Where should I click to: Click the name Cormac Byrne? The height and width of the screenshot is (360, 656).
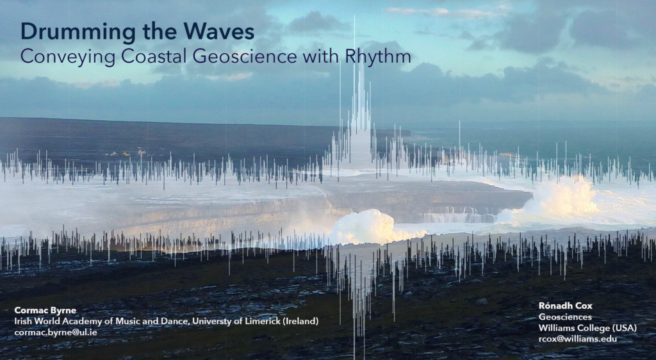[x=45, y=311]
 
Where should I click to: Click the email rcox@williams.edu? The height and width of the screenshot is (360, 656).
[x=577, y=338]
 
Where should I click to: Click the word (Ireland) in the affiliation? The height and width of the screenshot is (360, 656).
[x=300, y=322]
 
